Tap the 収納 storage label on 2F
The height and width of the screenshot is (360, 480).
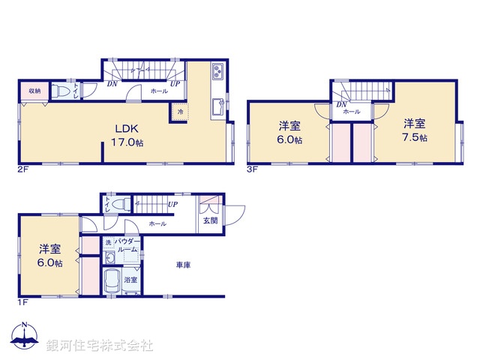(x=34, y=91)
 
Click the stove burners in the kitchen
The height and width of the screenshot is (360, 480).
(x=217, y=72)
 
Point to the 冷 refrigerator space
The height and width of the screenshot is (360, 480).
(x=181, y=112)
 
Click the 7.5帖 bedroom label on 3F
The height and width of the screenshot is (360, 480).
(x=414, y=130)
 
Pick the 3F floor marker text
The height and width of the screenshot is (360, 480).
(x=253, y=169)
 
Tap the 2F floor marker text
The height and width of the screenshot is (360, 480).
(x=23, y=169)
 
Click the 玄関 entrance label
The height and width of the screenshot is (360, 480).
(x=209, y=220)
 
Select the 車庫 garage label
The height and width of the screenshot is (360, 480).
(x=183, y=264)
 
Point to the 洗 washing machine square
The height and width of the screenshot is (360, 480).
(x=108, y=242)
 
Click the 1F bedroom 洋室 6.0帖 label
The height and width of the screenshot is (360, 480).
(x=50, y=256)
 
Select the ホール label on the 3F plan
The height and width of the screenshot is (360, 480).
(x=351, y=112)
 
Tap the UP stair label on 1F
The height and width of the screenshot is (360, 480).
(x=172, y=204)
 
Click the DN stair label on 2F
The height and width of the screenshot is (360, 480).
(x=112, y=84)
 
